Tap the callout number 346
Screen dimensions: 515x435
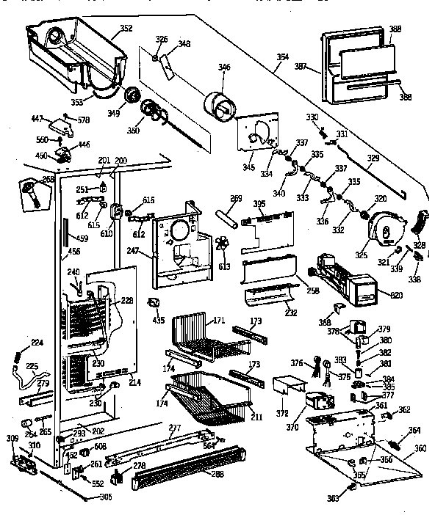[224, 68]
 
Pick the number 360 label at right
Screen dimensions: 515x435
[420, 449]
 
